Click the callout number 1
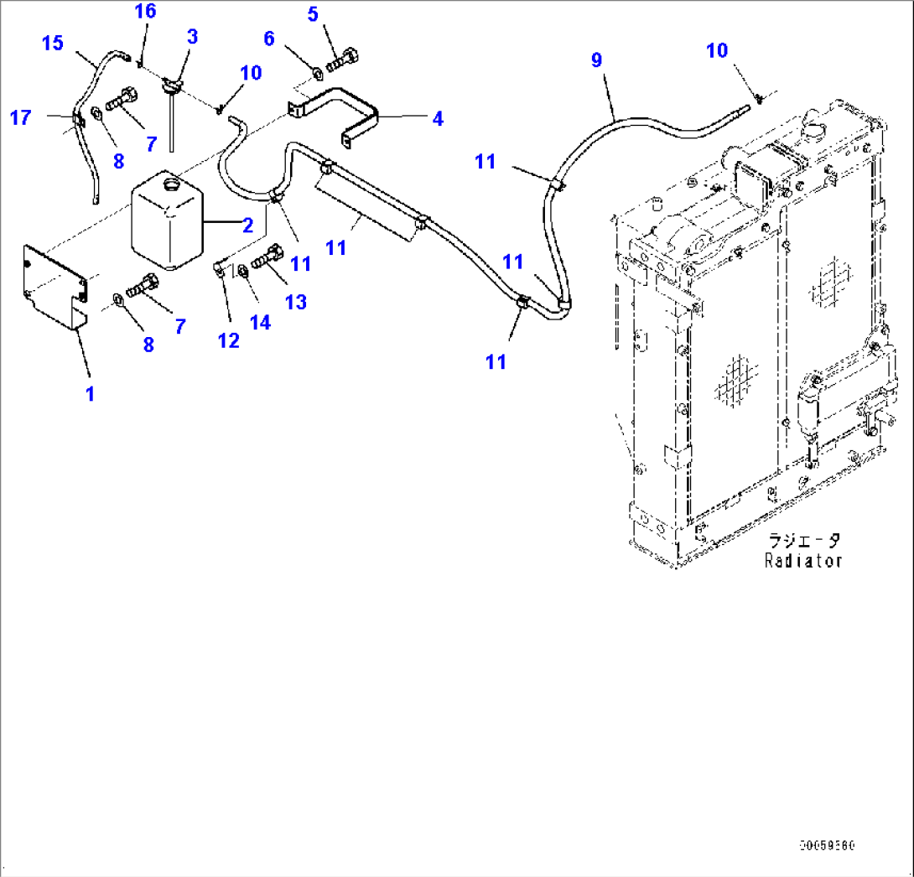(x=91, y=394)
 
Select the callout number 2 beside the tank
(x=247, y=224)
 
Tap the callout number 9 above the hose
(x=596, y=60)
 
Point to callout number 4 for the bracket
(x=437, y=119)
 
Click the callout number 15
(x=53, y=42)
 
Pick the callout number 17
(x=21, y=117)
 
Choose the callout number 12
(x=228, y=340)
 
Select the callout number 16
(x=145, y=11)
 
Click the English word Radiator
(x=802, y=561)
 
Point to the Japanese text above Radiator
(x=803, y=541)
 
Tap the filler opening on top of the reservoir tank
(x=172, y=183)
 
